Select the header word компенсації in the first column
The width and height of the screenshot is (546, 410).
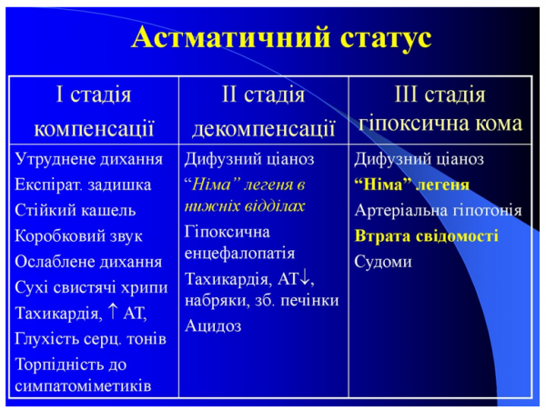click(x=94, y=125)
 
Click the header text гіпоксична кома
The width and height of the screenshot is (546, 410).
click(x=440, y=125)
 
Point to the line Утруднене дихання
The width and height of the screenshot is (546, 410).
click(x=88, y=159)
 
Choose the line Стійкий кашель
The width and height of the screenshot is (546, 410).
click(x=76, y=210)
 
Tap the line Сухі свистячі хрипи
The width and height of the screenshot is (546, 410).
click(x=90, y=288)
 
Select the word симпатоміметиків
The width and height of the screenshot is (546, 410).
click(x=83, y=385)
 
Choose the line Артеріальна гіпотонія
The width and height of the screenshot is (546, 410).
click(x=438, y=211)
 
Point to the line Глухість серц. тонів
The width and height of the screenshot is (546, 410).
click(x=90, y=339)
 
